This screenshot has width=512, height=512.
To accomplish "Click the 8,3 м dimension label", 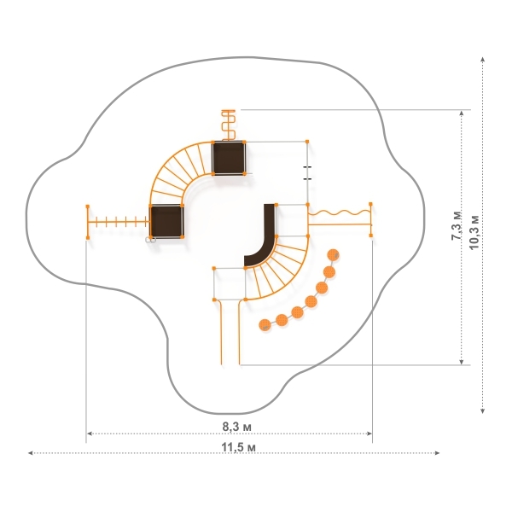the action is (236, 427).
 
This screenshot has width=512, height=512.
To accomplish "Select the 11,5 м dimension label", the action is (238, 447).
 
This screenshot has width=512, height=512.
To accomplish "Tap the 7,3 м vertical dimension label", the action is (457, 225).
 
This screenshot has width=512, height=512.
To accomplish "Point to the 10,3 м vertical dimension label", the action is (474, 232).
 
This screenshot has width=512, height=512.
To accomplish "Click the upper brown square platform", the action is (229, 158).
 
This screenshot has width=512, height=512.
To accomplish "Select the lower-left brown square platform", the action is (166, 221).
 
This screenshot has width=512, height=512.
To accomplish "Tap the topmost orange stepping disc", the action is (333, 255).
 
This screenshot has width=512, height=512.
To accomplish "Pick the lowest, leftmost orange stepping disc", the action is (265, 325).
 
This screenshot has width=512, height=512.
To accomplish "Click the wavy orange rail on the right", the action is (340, 213).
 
